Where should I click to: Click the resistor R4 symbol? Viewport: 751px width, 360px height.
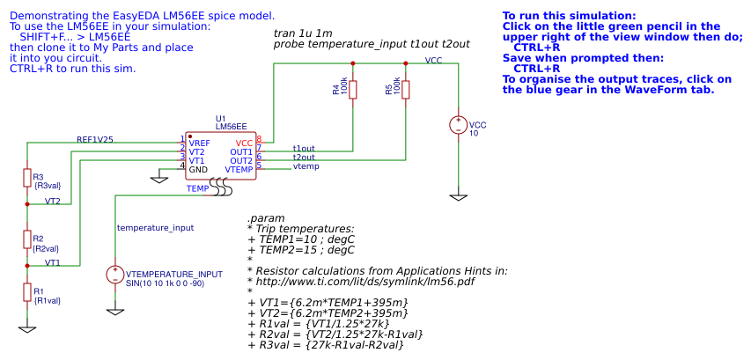353,90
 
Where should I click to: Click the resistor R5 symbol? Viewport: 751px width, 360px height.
406,90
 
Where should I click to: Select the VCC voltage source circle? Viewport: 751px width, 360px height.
459,126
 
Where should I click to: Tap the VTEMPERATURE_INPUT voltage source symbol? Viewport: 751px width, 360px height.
115,275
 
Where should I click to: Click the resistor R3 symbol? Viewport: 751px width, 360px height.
27,178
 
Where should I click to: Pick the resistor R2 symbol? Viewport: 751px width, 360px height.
27,239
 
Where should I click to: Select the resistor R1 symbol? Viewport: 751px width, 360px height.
27,292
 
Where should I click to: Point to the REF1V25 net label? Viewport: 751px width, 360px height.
94,140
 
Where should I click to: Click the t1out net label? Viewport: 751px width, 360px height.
304,148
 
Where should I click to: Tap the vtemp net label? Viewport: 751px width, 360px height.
306,166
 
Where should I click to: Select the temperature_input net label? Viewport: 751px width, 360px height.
155,227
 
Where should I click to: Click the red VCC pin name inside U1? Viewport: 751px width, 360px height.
244,143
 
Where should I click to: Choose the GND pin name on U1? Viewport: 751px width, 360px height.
198,169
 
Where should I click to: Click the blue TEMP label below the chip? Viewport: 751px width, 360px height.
197,188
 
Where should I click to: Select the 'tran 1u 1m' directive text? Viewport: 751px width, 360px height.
303,33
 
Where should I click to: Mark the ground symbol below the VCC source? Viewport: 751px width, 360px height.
459,196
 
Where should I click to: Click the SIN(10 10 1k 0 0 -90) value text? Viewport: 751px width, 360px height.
166,283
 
